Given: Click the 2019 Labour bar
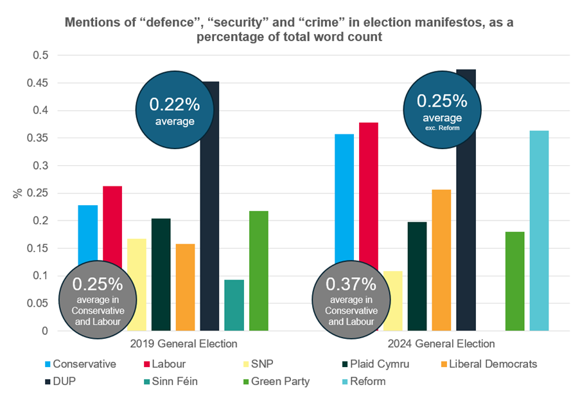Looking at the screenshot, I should pos(112,225).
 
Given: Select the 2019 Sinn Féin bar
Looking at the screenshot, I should pos(234,305).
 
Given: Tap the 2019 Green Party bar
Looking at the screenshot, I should pos(259,271).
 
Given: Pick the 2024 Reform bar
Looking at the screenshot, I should pos(539,231).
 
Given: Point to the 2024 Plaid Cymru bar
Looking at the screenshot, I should pos(417,276).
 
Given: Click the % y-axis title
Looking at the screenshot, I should pos(17,193).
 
